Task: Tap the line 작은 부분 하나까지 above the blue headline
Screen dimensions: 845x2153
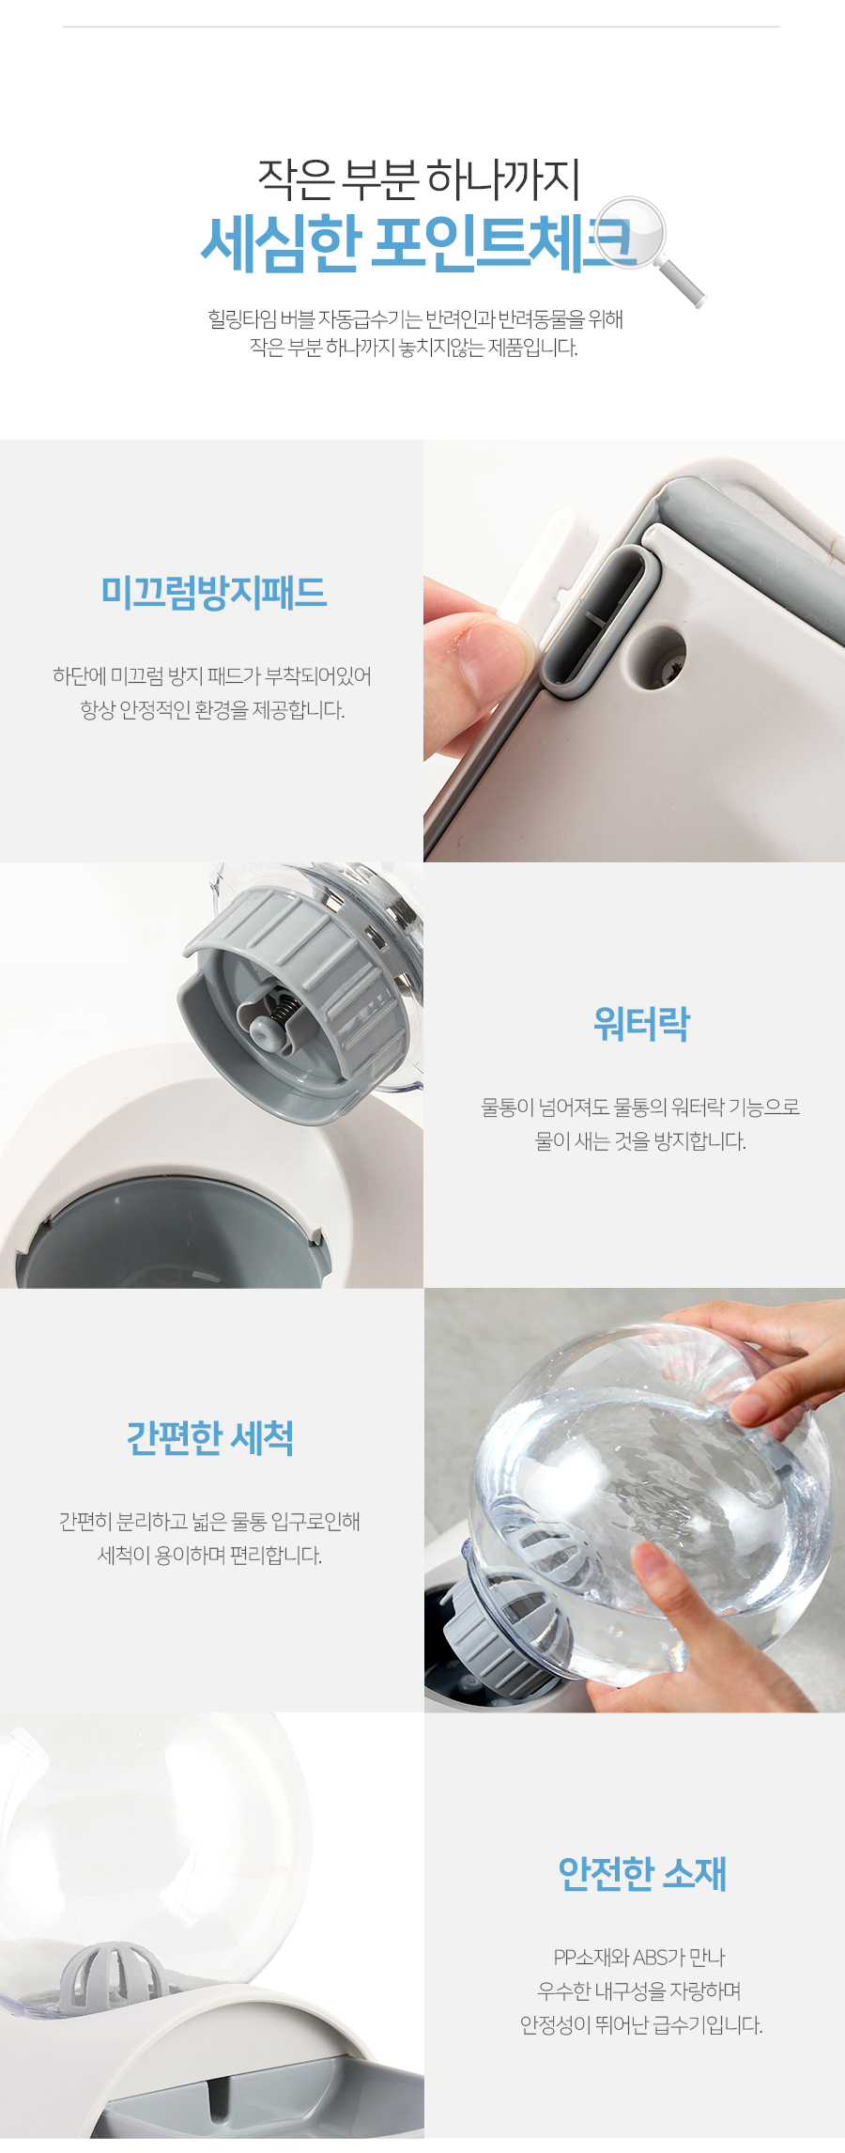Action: (419, 178)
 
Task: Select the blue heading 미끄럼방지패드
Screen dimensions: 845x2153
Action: (213, 593)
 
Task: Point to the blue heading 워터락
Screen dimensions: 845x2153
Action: (642, 1024)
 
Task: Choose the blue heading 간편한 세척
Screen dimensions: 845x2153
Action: (210, 1438)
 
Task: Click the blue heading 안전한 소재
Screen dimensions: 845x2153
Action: (642, 1873)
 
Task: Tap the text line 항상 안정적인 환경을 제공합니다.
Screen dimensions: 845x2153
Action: (212, 710)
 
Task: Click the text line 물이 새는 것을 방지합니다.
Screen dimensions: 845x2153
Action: (641, 1141)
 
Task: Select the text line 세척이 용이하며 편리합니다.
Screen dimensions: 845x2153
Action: (210, 1556)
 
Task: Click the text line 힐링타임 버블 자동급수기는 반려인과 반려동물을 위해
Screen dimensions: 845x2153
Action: (416, 319)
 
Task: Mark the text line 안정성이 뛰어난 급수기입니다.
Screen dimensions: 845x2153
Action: (641, 2025)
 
